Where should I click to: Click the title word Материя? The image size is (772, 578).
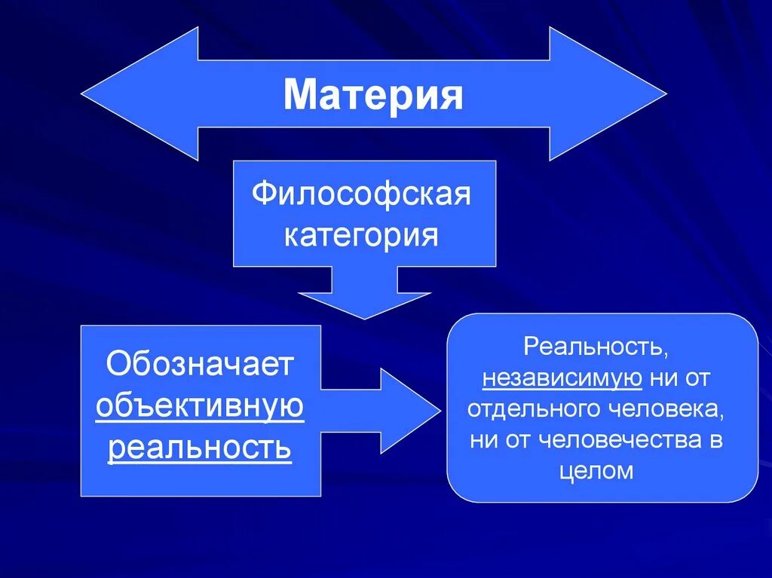click(373, 95)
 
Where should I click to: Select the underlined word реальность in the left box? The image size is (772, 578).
click(200, 448)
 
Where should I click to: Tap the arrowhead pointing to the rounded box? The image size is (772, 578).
click(411, 410)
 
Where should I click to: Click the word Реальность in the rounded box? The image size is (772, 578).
click(593, 348)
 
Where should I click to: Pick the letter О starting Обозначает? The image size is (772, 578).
click(119, 365)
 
